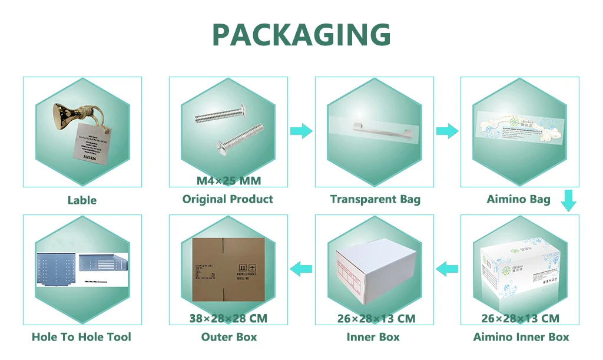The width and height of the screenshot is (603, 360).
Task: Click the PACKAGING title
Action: (x=301, y=35)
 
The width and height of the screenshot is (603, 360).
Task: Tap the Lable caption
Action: (x=82, y=200)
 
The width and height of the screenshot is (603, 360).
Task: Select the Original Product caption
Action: (x=228, y=199)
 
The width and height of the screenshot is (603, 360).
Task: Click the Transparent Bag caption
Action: (x=375, y=199)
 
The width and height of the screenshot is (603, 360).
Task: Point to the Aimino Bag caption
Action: (x=518, y=199)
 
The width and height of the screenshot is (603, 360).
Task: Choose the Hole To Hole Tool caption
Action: (x=81, y=337)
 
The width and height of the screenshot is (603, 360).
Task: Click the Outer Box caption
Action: (x=228, y=337)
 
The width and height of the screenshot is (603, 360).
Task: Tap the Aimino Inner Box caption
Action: (x=521, y=337)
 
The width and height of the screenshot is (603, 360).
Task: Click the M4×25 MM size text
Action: (x=228, y=180)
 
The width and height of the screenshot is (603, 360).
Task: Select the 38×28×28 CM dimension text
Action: (x=228, y=319)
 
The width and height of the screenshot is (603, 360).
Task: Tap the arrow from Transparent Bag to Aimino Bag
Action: (x=448, y=131)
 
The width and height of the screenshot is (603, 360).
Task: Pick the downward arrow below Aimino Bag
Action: (x=568, y=200)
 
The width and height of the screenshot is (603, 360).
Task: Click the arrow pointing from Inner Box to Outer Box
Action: (x=302, y=269)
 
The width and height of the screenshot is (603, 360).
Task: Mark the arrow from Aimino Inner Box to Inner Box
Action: (x=448, y=269)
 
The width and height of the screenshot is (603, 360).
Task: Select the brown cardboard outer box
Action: (x=228, y=270)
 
